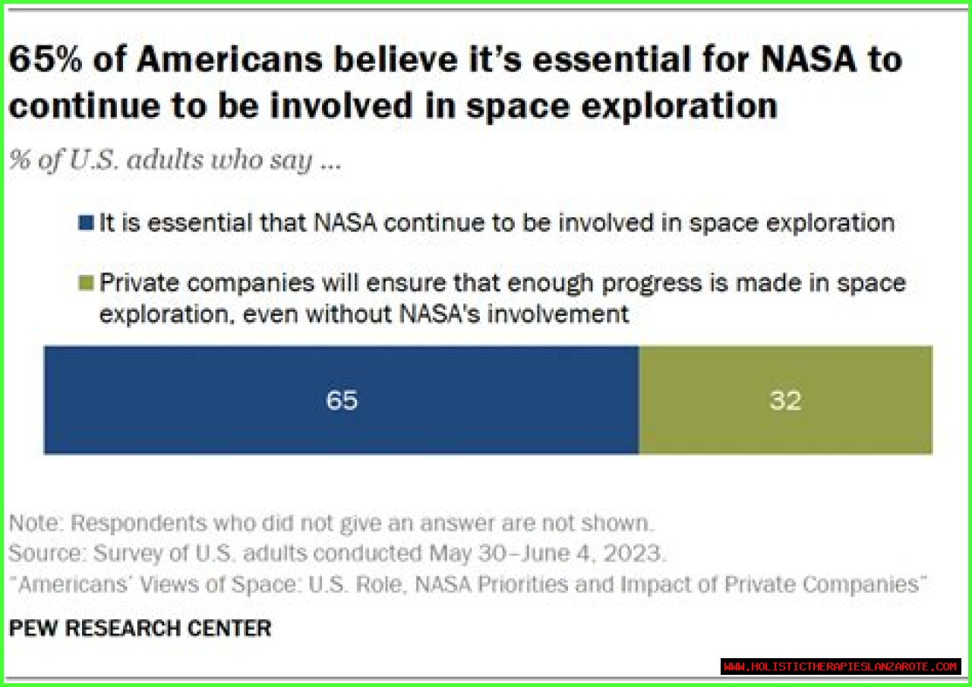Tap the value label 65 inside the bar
(342, 400)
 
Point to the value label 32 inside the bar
(785, 400)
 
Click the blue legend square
(87, 224)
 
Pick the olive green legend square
(87, 284)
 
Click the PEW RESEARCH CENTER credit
(140, 629)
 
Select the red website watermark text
(841, 667)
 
